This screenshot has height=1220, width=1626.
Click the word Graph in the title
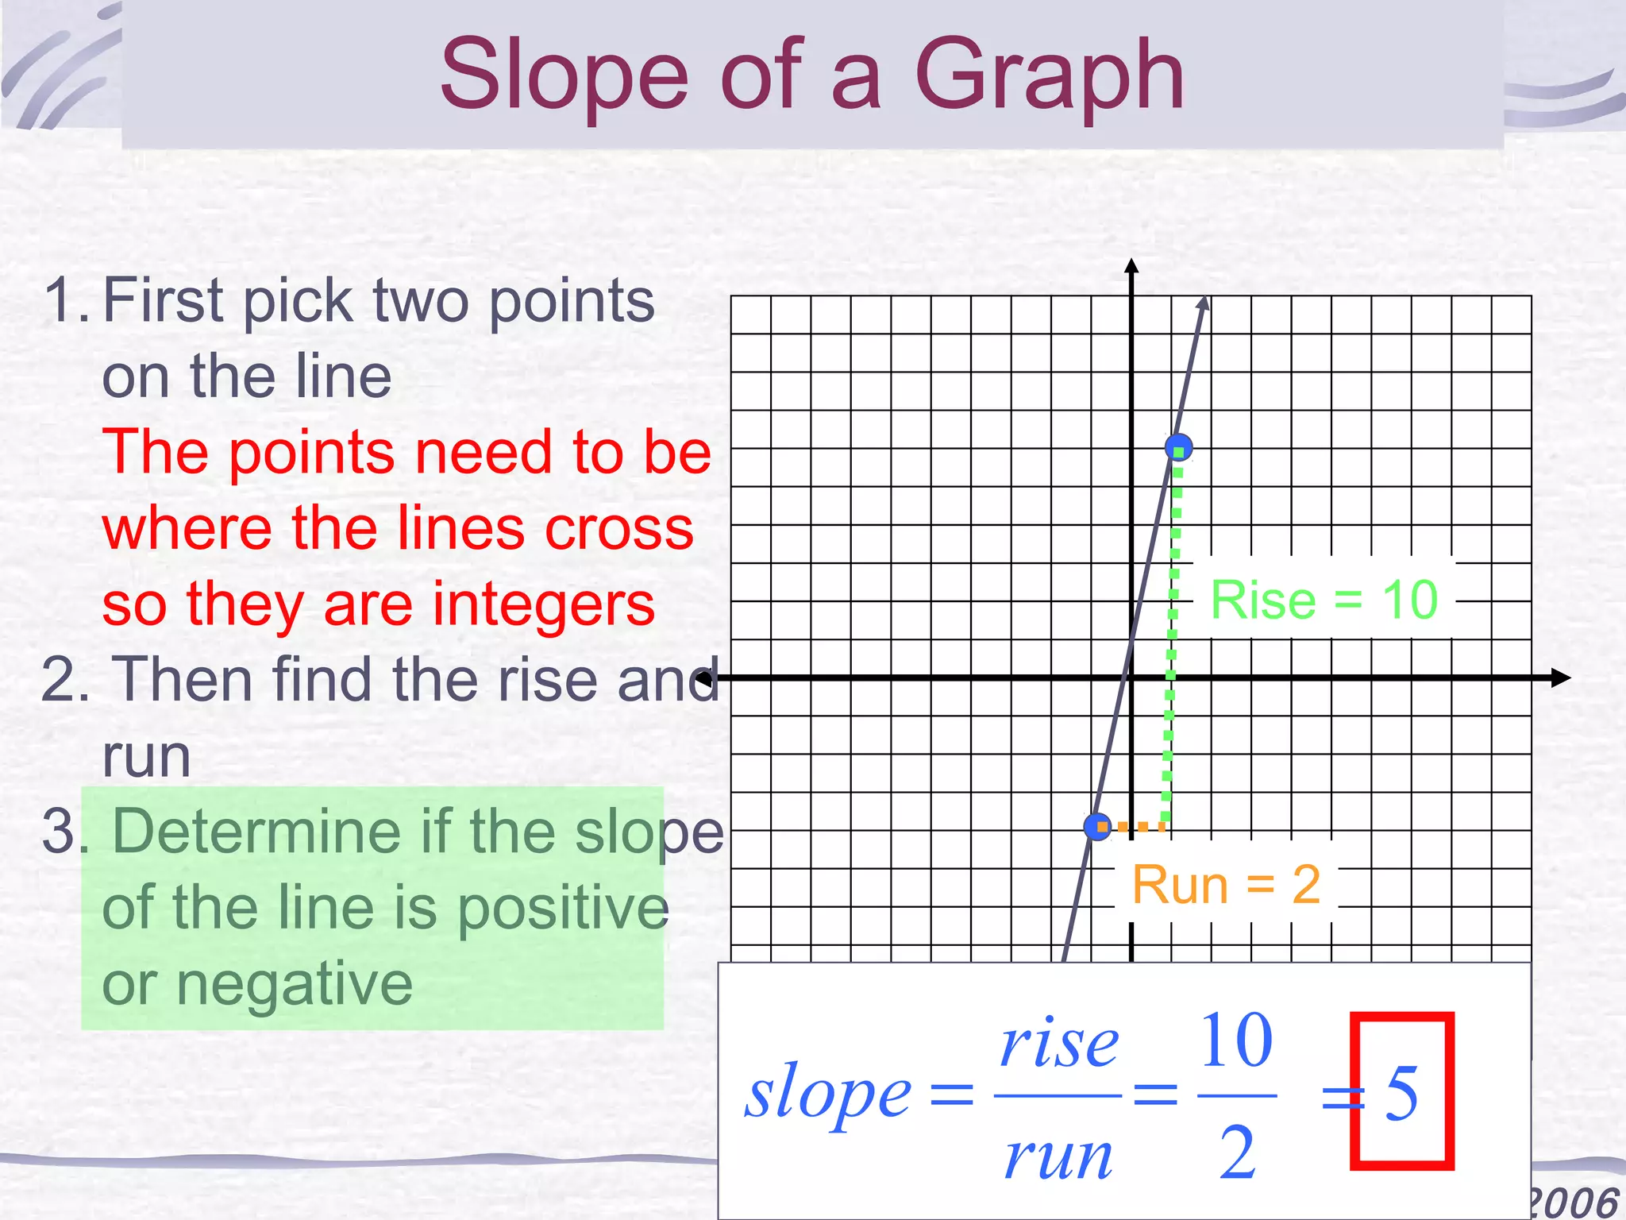(x=1050, y=75)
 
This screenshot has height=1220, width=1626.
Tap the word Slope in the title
(x=564, y=75)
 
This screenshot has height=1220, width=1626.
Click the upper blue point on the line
(x=1178, y=447)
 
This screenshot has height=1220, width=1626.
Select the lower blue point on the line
(x=1097, y=827)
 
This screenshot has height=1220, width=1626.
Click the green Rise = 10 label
(x=1324, y=600)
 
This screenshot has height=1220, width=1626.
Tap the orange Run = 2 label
(x=1226, y=884)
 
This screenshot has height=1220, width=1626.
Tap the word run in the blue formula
(x=1058, y=1156)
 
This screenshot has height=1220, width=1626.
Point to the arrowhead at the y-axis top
(x=1132, y=266)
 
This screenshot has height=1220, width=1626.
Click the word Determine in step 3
(x=256, y=832)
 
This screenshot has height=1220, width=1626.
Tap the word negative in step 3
(x=294, y=983)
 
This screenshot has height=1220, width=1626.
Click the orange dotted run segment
(x=1133, y=827)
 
